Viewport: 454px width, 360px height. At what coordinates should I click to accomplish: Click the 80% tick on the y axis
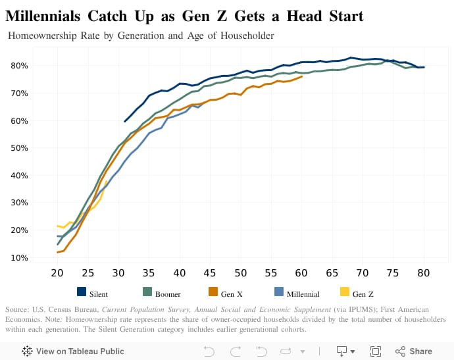19,66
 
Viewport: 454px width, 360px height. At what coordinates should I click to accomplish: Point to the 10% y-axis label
19,257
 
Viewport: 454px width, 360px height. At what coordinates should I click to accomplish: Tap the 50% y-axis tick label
19,148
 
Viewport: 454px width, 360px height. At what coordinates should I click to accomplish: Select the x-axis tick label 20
57,273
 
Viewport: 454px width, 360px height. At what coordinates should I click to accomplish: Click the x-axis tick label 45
210,273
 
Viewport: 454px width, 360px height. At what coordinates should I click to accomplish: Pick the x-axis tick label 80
424,273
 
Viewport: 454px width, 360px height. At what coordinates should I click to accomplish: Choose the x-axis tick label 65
332,273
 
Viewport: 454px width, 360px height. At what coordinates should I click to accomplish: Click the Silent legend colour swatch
82,293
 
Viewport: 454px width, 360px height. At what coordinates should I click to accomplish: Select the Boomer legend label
168,294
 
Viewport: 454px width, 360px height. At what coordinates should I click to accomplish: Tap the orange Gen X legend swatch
213,293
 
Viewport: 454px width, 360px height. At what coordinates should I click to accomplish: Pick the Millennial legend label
303,294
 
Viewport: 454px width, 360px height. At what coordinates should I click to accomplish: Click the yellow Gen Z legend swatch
344,293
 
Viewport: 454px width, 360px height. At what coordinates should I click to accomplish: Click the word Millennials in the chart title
47,16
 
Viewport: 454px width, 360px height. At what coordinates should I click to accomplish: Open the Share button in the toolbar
414,351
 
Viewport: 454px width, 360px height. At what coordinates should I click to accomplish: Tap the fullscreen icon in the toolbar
376,351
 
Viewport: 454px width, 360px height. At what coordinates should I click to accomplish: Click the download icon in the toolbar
342,351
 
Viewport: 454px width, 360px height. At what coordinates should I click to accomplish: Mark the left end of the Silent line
125,121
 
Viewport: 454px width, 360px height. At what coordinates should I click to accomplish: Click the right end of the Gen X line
302,77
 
